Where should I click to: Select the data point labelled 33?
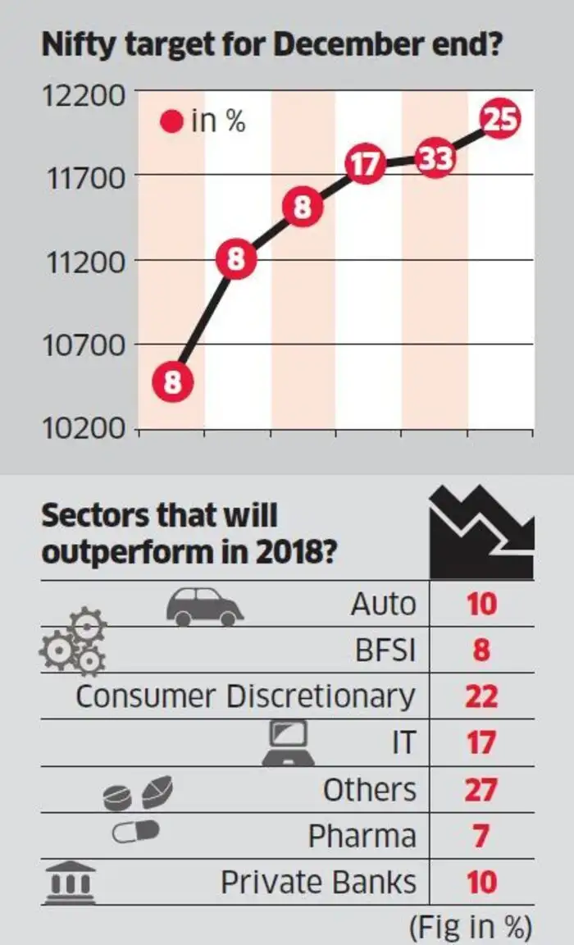coord(435,158)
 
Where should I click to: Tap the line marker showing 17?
coord(366,165)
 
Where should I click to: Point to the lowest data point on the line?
coord(171,383)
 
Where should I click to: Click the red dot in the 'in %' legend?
coord(172,123)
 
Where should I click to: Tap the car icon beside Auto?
coord(204,606)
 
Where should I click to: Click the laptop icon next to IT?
coord(291,741)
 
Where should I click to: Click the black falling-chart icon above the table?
coord(482,532)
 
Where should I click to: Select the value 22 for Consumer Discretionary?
coord(481,696)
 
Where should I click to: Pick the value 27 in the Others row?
coord(481,790)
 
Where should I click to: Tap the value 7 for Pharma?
coord(481,837)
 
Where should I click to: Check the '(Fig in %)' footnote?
coord(470,927)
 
